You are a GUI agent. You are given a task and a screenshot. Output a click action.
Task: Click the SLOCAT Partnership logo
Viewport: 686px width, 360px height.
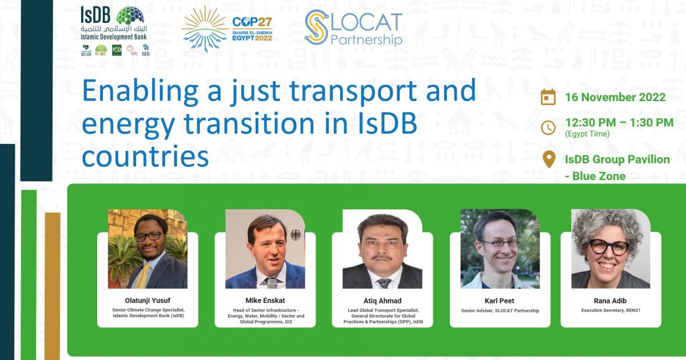tap(353, 27)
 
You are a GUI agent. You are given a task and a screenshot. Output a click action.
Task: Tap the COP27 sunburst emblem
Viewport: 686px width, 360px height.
tap(204, 29)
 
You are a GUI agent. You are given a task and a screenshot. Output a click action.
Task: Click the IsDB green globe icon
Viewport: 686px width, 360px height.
tap(130, 17)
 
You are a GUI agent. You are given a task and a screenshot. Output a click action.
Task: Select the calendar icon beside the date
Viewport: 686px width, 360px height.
tap(548, 97)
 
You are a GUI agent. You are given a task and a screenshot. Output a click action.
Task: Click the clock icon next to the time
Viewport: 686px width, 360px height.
tap(548, 127)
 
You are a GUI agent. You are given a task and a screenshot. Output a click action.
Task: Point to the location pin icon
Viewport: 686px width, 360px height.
tap(548, 159)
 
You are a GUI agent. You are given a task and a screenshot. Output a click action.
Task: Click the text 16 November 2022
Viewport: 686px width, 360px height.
tap(615, 97)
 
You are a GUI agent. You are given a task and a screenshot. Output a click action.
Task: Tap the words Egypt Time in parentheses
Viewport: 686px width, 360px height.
tap(587, 134)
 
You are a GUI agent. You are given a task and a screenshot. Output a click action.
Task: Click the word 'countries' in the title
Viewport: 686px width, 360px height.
tap(145, 156)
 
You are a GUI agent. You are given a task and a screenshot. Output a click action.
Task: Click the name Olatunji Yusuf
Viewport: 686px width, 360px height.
tap(147, 301)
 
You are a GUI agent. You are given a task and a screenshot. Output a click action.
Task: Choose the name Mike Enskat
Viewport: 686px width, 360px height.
tap(265, 301)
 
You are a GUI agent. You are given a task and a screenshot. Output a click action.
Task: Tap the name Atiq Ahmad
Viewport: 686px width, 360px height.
tap(382, 301)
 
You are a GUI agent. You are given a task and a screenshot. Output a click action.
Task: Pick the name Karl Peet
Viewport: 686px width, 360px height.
tap(500, 301)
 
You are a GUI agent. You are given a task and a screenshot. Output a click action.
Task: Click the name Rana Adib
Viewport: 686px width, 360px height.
tap(611, 301)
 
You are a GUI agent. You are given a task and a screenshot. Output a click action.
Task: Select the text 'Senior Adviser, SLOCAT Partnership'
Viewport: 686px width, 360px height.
tap(500, 311)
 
